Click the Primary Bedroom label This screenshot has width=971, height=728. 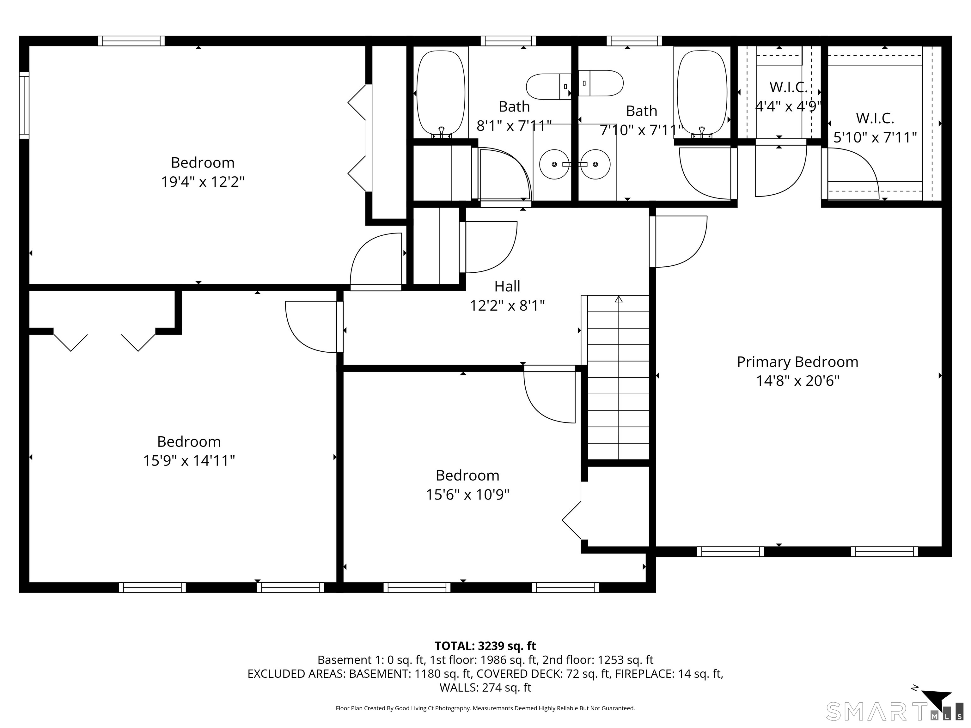pyautogui.click(x=797, y=362)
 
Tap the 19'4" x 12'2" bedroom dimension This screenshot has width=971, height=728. pyautogui.click(x=203, y=182)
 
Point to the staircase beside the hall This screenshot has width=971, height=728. pyautogui.click(x=618, y=377)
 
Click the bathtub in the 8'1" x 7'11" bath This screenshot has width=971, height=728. pyautogui.click(x=440, y=93)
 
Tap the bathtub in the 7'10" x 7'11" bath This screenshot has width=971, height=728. pyautogui.click(x=702, y=93)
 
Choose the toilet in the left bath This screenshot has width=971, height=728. pyautogui.click(x=549, y=87)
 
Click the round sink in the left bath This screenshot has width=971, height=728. pyautogui.click(x=554, y=164)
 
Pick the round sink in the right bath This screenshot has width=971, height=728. pyautogui.click(x=595, y=164)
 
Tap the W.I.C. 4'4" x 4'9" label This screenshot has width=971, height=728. pyautogui.click(x=788, y=97)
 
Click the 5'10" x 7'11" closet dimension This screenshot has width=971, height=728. pyautogui.click(x=875, y=138)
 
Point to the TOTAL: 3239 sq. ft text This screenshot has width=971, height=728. pyautogui.click(x=485, y=646)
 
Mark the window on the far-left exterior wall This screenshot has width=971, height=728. pyautogui.click(x=24, y=105)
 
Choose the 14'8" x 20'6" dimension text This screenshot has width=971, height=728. pyautogui.click(x=797, y=380)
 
